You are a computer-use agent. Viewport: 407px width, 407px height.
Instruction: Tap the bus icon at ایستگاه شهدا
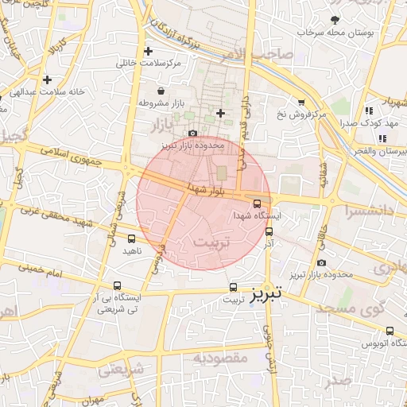click(267, 203)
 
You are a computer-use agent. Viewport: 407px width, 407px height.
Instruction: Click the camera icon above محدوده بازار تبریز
click(192, 134)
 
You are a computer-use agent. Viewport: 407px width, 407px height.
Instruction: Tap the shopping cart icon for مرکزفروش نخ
click(300, 102)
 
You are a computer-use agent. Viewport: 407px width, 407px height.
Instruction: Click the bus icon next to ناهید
click(130, 238)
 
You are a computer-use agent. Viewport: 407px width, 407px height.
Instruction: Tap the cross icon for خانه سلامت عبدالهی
click(48, 79)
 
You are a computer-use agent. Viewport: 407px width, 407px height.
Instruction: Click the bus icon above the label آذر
click(269, 231)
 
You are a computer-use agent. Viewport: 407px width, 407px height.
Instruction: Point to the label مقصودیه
click(220, 358)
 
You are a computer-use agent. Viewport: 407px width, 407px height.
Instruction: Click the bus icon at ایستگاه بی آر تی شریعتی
click(117, 286)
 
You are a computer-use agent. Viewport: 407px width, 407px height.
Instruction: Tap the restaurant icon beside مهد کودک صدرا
click(367, 111)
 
